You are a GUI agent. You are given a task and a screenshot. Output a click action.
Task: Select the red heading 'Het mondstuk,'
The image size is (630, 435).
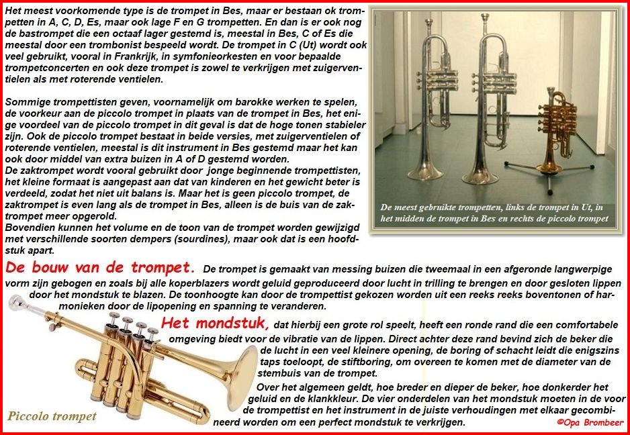click(x=215, y=324)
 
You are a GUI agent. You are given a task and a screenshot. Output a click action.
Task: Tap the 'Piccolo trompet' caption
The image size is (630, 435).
click(x=52, y=416)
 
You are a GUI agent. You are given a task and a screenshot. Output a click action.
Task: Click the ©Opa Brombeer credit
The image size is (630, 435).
click(x=590, y=422)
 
